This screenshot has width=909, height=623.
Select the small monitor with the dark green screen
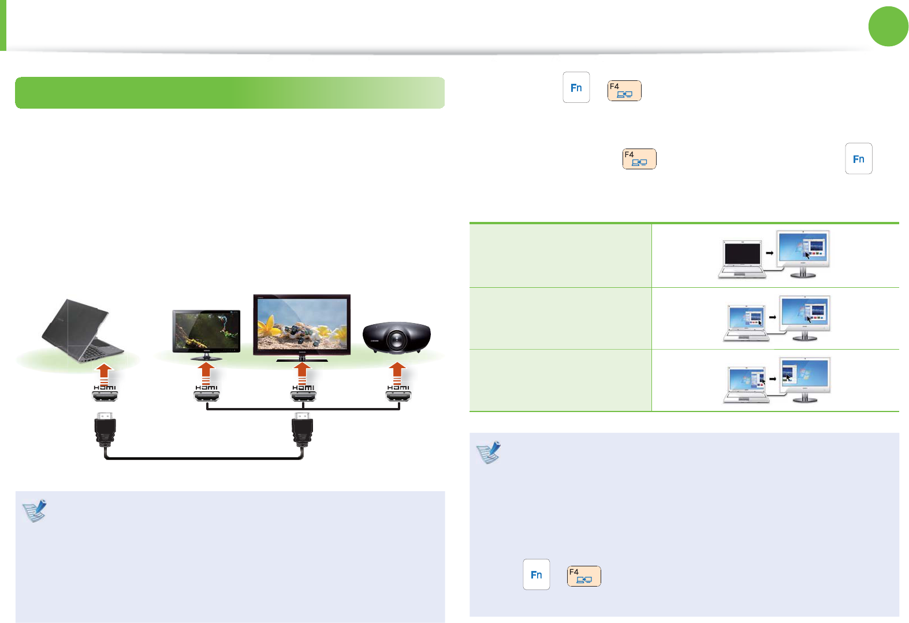tap(206, 332)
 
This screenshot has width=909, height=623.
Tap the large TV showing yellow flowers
tap(301, 325)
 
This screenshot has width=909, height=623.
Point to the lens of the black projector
tap(397, 340)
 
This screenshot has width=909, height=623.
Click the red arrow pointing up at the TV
tap(301, 373)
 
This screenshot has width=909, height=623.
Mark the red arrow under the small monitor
tap(206, 373)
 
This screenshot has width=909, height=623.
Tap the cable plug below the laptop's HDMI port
tap(105, 430)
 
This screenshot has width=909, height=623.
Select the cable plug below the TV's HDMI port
tap(302, 430)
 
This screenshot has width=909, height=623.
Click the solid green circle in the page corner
tap(888, 27)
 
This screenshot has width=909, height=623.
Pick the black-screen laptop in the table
tap(742, 258)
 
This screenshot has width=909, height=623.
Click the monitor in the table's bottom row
tap(805, 379)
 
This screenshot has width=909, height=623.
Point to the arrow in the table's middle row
tap(772, 317)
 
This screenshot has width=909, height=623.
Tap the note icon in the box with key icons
tap(489, 453)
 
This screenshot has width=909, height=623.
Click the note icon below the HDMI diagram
tap(35, 511)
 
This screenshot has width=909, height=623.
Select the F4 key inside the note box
tap(584, 576)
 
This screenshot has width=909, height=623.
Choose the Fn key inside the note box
tap(537, 574)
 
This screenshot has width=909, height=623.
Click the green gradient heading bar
tap(230, 92)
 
